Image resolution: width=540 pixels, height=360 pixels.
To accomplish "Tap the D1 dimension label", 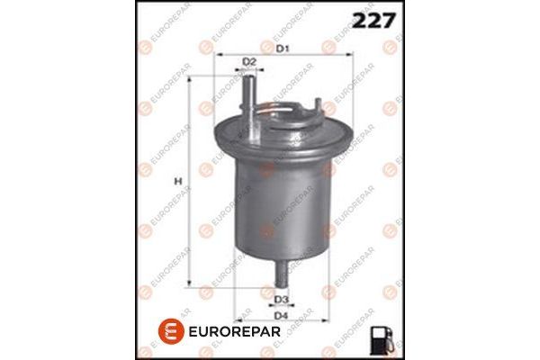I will [283, 47].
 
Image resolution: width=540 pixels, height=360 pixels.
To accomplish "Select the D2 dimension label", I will [250, 61].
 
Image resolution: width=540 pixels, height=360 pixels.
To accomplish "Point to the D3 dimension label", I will [281, 299].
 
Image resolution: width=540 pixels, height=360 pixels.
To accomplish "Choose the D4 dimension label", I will [281, 315].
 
